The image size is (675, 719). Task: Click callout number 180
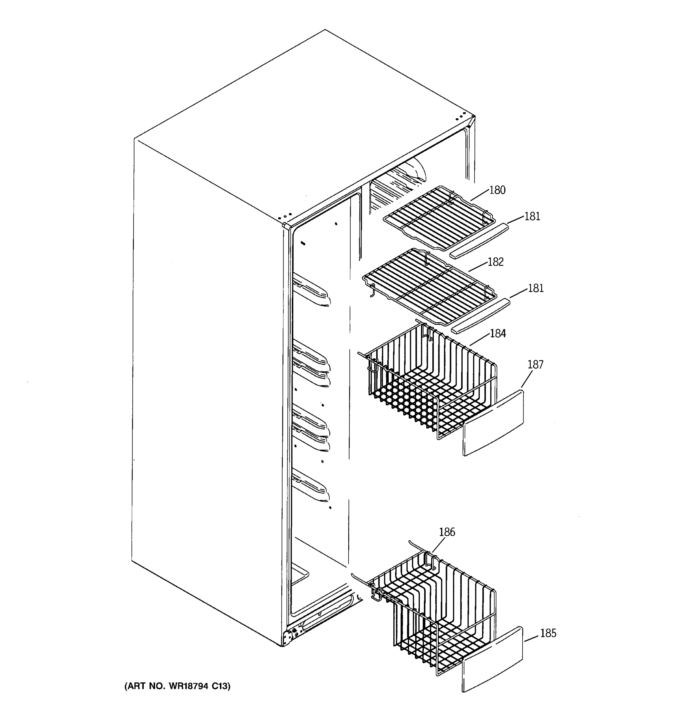click(497, 190)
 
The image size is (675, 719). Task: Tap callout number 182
click(495, 262)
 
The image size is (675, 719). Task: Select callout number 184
click(498, 333)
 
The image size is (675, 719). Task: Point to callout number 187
click(535, 365)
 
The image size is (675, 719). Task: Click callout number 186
click(447, 532)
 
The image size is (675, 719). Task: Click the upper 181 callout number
click(532, 216)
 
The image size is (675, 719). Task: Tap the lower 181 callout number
click(535, 288)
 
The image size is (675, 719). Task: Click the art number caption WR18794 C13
click(177, 686)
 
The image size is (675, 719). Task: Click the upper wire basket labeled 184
click(427, 383)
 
